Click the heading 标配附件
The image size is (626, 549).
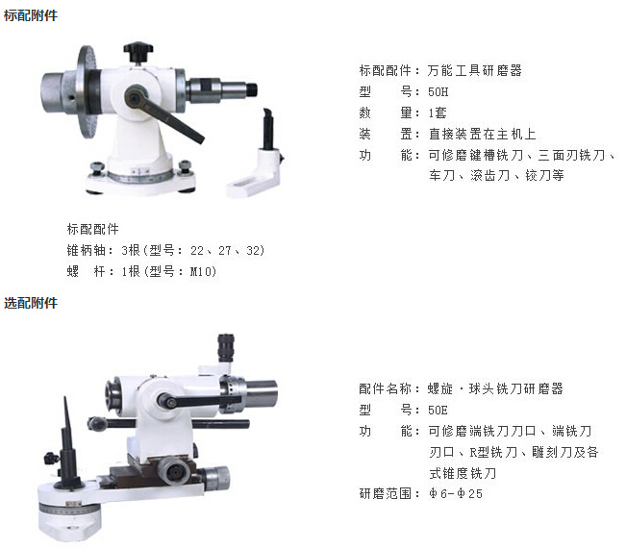[x=31, y=15]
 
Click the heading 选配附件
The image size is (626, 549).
[x=31, y=303]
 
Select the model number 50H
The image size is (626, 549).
[x=438, y=92]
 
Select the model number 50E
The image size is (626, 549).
[x=438, y=410]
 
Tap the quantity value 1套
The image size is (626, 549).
[x=438, y=113]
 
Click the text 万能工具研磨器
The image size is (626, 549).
[x=475, y=71]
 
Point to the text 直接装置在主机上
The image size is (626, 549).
[x=482, y=134]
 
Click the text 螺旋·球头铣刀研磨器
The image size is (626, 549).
[x=495, y=388]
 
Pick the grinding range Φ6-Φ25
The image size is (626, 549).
[x=456, y=494]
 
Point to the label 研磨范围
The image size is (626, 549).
[x=385, y=494]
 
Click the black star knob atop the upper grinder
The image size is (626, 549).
[x=138, y=51]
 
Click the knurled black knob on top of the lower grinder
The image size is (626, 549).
[x=226, y=347]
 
